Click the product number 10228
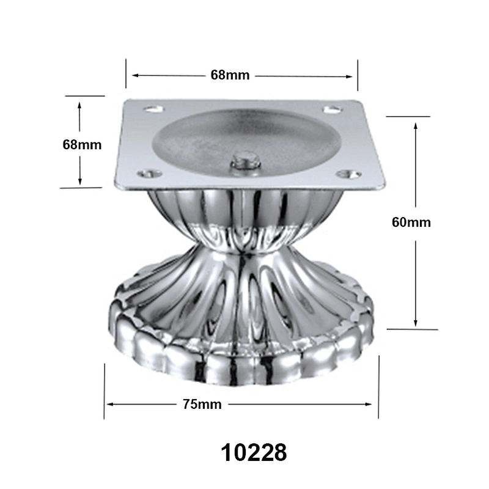(x=254, y=453)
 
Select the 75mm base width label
(x=202, y=404)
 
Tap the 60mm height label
(x=411, y=222)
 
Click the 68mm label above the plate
(x=230, y=75)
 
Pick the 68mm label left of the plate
(x=82, y=145)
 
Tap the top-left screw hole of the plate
(x=153, y=109)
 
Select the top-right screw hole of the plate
(x=332, y=109)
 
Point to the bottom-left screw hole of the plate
(x=150, y=173)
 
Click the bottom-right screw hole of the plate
(x=350, y=174)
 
